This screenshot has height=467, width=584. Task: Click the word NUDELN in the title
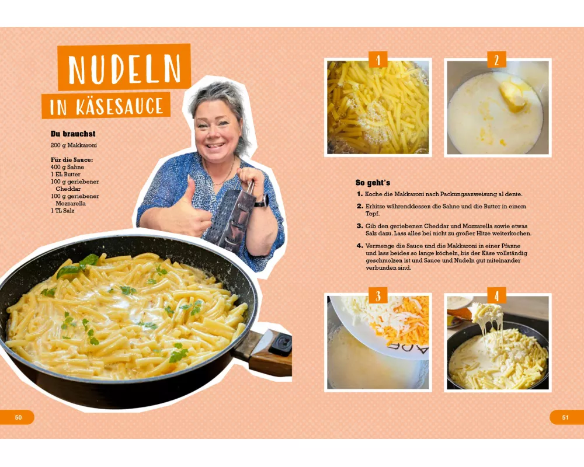pyautogui.click(x=124, y=69)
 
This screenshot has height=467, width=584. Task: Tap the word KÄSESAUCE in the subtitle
pyautogui.click(x=120, y=106)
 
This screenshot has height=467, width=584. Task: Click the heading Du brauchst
pyautogui.click(x=73, y=134)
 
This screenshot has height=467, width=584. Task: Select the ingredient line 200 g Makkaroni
pyautogui.click(x=74, y=145)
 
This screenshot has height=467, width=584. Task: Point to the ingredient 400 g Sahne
pyautogui.click(x=67, y=167)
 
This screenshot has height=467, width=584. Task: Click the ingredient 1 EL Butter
pyautogui.click(x=65, y=175)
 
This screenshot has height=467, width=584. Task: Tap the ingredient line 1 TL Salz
pyautogui.click(x=62, y=211)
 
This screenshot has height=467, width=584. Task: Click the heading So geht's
pyautogui.click(x=373, y=183)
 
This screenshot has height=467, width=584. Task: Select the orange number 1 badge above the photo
pyautogui.click(x=378, y=60)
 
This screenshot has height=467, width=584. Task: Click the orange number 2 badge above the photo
pyautogui.click(x=496, y=60)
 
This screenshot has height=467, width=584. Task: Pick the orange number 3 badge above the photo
pyautogui.click(x=378, y=295)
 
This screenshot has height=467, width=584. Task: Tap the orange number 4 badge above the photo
pyautogui.click(x=496, y=295)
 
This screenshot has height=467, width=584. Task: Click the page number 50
pyautogui.click(x=18, y=417)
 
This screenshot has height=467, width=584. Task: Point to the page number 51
pyautogui.click(x=565, y=417)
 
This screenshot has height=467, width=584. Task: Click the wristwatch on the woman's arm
pyautogui.click(x=262, y=201)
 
